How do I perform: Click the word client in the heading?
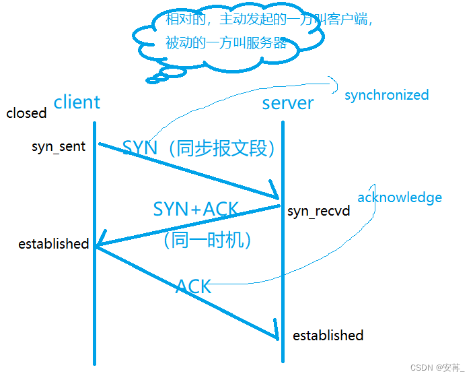click(x=77, y=102)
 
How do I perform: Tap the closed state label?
click(x=26, y=113)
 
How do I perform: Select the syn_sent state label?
click(x=59, y=146)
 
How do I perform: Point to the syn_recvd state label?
click(x=319, y=211)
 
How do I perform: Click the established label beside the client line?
click(x=54, y=243)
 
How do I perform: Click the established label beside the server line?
click(x=328, y=335)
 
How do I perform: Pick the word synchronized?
click(x=386, y=95)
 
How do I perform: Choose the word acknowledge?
click(x=400, y=197)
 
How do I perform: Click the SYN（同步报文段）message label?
click(x=200, y=148)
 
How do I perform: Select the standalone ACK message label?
click(x=194, y=286)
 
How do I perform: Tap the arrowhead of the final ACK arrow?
click(x=275, y=331)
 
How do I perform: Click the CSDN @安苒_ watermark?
click(x=437, y=367)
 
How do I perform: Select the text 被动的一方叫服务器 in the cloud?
click(x=226, y=43)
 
